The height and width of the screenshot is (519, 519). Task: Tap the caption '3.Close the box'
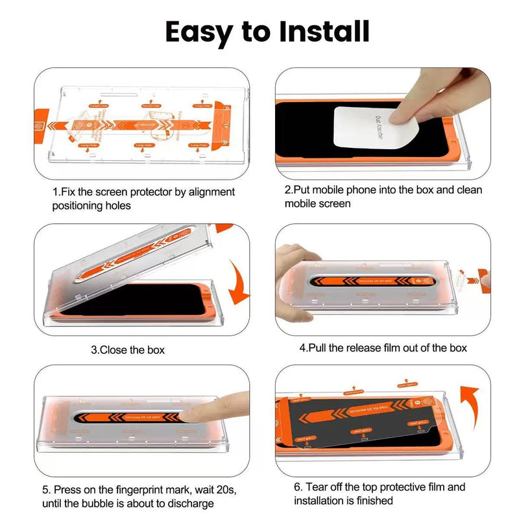click(x=128, y=350)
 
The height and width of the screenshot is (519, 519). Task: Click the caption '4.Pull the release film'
click(x=383, y=348)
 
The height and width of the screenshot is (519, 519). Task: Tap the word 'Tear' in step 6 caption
click(x=319, y=487)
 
